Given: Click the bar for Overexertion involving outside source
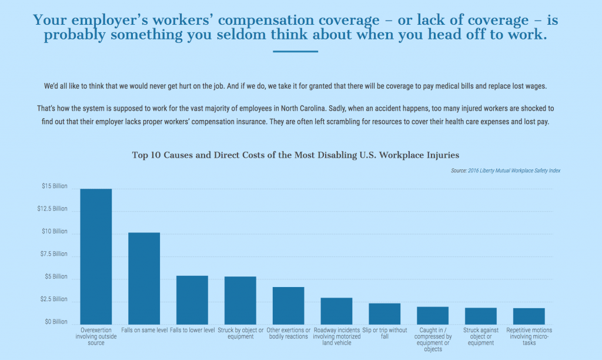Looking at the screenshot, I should (x=96, y=256).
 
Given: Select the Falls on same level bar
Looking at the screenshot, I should (x=144, y=278).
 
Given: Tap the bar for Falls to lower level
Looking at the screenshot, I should (x=192, y=300).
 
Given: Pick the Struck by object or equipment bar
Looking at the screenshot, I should (x=240, y=300).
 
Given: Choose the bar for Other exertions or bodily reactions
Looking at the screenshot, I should (x=289, y=305).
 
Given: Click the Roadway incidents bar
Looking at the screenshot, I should (x=336, y=311).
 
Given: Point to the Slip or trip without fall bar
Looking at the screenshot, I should (x=384, y=314).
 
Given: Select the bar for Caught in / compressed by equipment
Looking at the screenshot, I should (x=433, y=315).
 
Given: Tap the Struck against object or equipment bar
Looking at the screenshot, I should (x=481, y=316).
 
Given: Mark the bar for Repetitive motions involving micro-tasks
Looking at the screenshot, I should (x=529, y=316).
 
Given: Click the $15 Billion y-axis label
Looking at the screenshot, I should (x=55, y=186).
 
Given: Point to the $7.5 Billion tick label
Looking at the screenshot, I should (x=54, y=254).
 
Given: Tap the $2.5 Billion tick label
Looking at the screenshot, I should (x=54, y=299).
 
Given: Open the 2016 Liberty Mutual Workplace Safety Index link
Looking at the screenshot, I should (x=514, y=171).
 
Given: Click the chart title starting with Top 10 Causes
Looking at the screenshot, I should (x=295, y=155).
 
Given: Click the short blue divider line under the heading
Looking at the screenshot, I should (x=295, y=52).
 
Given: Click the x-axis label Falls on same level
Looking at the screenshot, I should (x=144, y=331).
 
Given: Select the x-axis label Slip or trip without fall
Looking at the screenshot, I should (x=384, y=334).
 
